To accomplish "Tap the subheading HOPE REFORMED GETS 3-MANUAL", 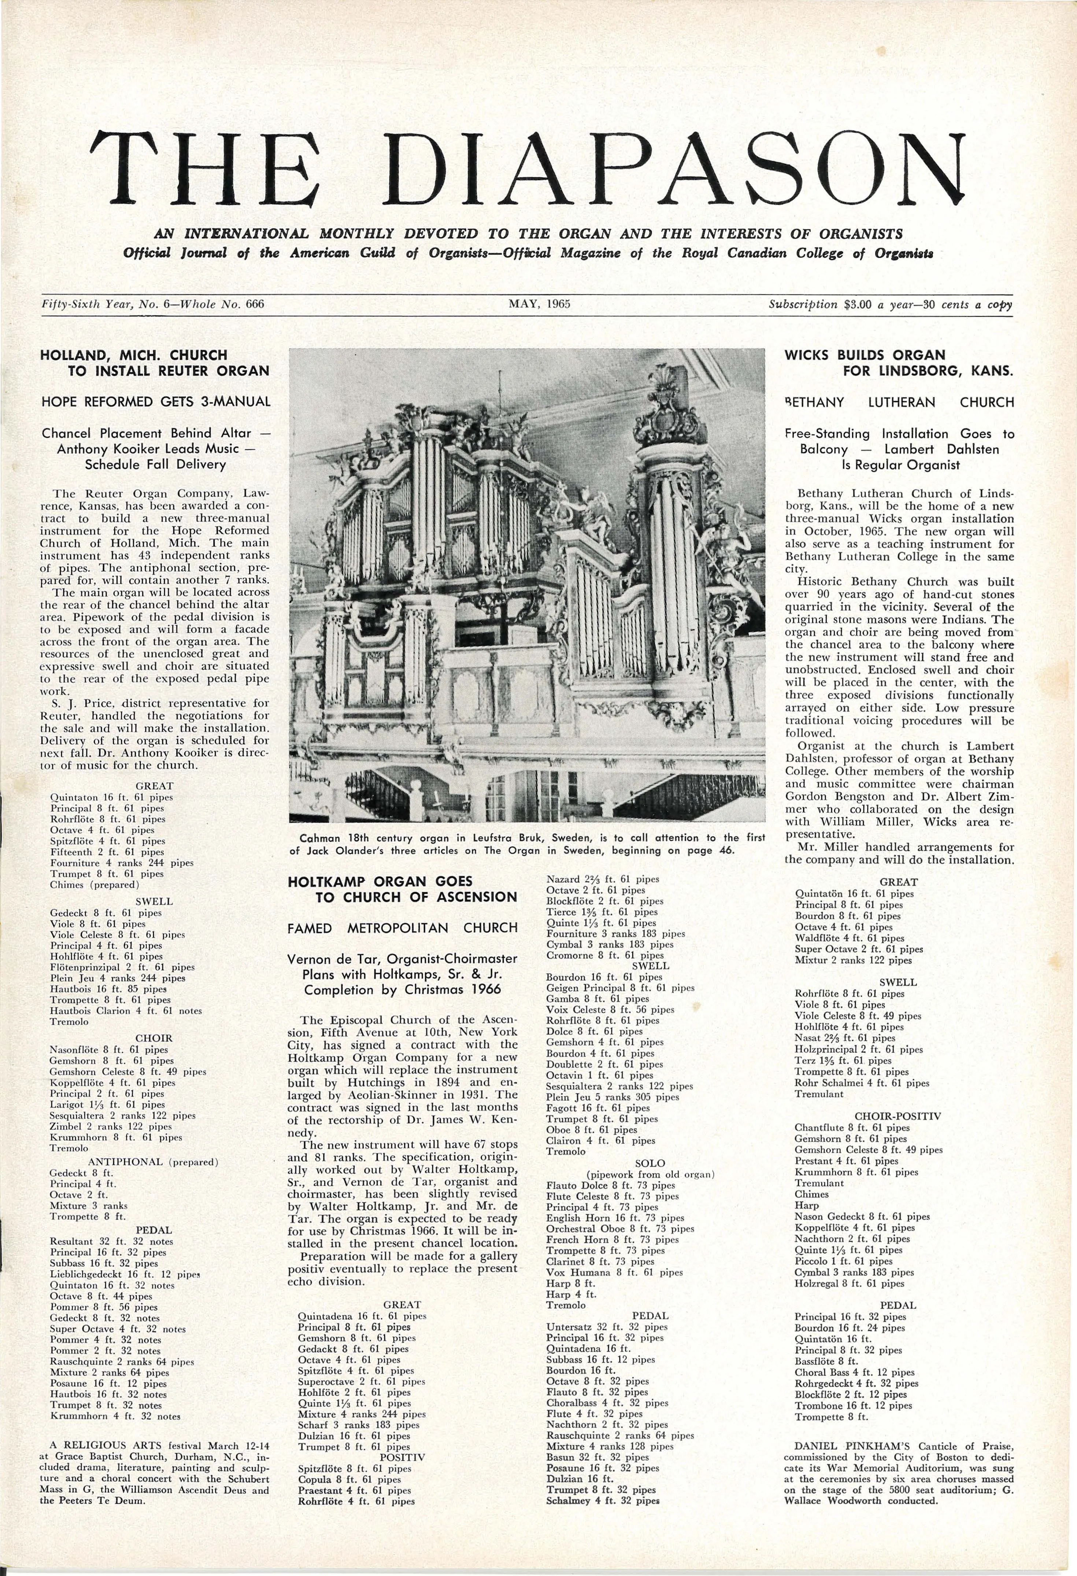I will tap(156, 401).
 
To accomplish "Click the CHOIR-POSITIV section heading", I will tap(897, 1116).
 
